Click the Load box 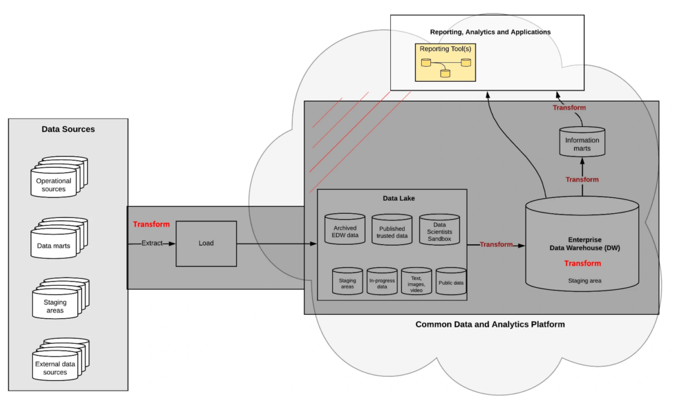coord(206,244)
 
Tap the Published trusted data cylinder coord(391,230)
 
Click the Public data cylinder coord(451,282)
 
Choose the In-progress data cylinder coord(382,282)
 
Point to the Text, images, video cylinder coord(417,282)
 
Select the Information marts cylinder coord(582,144)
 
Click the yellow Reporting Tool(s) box coord(446,62)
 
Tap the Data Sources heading coord(68,129)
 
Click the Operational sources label coord(53,185)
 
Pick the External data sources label coord(55,368)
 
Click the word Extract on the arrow coord(151,244)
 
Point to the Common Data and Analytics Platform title coord(490,325)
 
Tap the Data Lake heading coord(399,197)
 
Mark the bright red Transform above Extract coord(151,224)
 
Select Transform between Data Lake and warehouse coord(496,245)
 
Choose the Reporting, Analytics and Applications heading coord(490,32)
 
